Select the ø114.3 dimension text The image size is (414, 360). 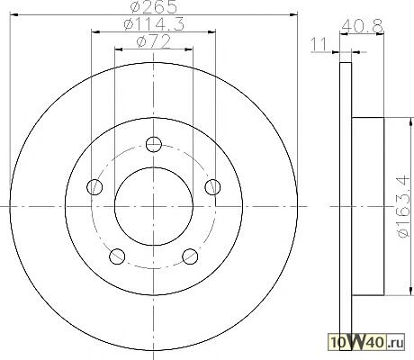pyautogui.click(x=154, y=24)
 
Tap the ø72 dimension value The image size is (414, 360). pyautogui.click(x=153, y=41)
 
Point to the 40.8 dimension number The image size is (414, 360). pyautogui.click(x=362, y=26)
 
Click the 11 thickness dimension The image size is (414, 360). pyautogui.click(x=319, y=45)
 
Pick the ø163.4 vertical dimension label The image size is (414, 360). pyautogui.click(x=403, y=206)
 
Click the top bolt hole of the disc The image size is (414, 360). pyautogui.click(x=154, y=144)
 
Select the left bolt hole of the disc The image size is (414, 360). pyautogui.click(x=94, y=187)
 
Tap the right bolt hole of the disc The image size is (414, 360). pyautogui.click(x=212, y=187)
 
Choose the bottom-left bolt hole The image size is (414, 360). pyautogui.click(x=117, y=256)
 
